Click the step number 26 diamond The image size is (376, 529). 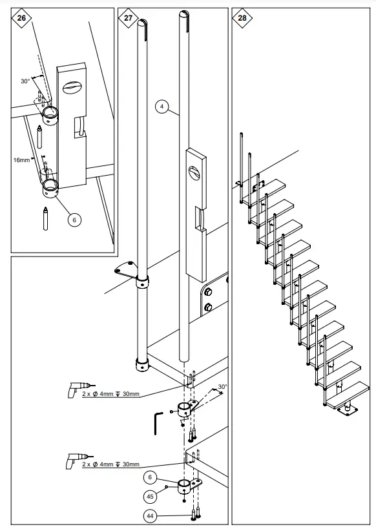tap(21, 18)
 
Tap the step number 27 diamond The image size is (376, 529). tap(128, 18)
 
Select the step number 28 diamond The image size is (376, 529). tap(242, 18)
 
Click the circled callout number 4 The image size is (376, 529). tap(161, 106)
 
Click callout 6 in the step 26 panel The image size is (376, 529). tap(74, 220)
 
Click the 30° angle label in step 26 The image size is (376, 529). tap(25, 82)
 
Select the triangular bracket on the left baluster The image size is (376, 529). tap(125, 270)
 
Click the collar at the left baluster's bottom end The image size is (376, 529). tap(141, 366)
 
